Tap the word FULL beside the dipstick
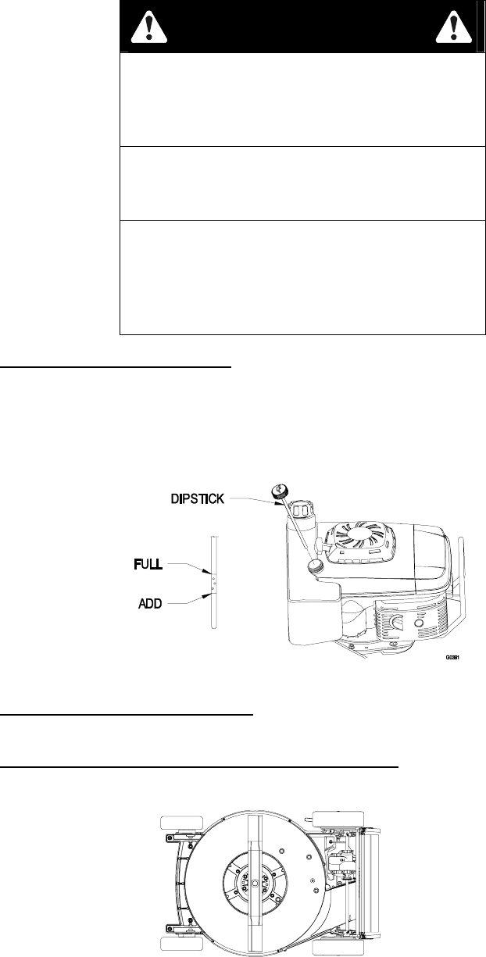pyautogui.click(x=146, y=564)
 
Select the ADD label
pyautogui.click(x=145, y=604)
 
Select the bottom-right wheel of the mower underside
pyautogui.click(x=334, y=948)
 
